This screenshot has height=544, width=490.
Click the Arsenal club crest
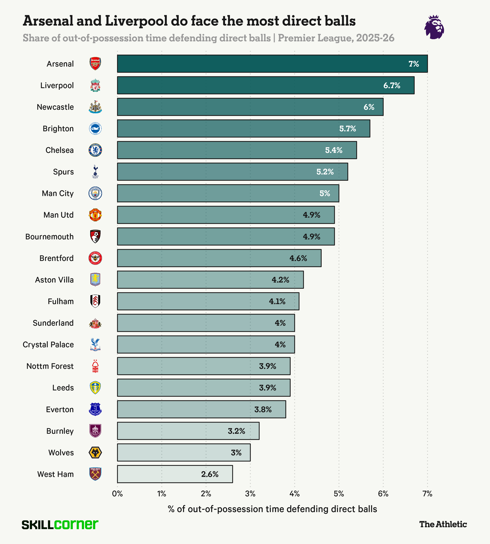click(95, 64)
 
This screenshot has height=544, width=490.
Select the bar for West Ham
click(175, 474)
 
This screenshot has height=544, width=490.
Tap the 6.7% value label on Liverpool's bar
click(392, 86)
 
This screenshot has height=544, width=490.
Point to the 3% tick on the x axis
click(250, 494)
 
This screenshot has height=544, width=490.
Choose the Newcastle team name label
click(55, 107)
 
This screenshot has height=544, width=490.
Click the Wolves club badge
click(95, 453)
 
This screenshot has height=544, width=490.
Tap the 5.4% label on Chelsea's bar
click(334, 150)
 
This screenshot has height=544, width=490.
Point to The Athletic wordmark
click(443, 524)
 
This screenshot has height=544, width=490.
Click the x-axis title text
click(272, 509)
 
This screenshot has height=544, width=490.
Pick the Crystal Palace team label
click(48, 345)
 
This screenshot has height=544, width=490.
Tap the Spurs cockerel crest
click(95, 172)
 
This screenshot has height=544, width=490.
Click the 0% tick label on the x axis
click(117, 494)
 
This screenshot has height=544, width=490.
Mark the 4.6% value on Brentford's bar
click(298, 258)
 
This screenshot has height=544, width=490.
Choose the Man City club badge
click(95, 193)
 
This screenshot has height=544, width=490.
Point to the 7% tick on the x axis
click(427, 494)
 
